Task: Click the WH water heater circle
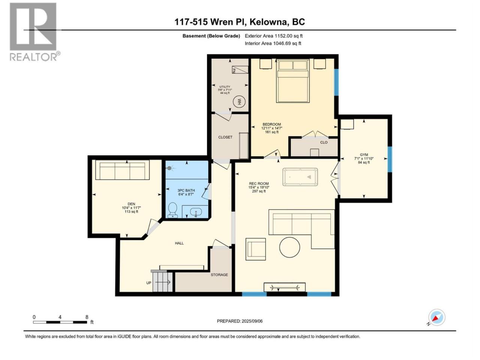tap(239, 102)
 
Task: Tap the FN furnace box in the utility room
tap(240, 69)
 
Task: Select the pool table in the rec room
tap(300, 177)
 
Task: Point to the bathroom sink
tap(196, 212)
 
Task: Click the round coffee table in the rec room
tap(289, 247)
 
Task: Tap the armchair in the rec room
tap(255, 249)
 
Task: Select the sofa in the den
tap(122, 170)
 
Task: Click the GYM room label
tap(364, 155)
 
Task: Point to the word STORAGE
tap(219, 275)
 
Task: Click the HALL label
tap(179, 243)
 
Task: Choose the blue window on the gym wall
tap(390, 159)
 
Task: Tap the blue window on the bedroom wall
tap(336, 82)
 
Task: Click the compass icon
tap(436, 317)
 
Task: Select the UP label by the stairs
tap(149, 283)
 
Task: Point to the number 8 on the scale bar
tap(87, 317)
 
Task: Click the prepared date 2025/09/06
tap(252, 321)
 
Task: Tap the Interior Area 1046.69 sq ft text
tap(273, 43)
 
